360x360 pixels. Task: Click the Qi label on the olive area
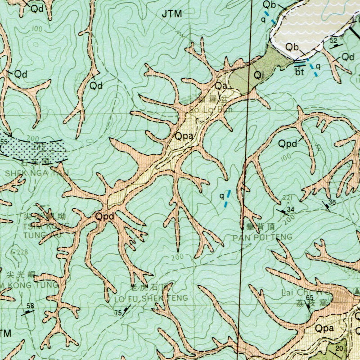tap(258, 76)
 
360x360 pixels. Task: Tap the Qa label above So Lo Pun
tap(220, 85)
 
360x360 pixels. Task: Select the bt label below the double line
tap(300, 71)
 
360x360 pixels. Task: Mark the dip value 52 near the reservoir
tap(333, 41)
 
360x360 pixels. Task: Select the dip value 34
tap(290, 209)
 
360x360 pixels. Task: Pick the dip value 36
tap(332, 202)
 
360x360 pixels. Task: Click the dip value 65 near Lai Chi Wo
tap(309, 297)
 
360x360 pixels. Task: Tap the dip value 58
tap(30, 306)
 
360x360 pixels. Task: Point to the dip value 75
tap(118, 313)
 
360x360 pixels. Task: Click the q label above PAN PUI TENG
tap(221, 196)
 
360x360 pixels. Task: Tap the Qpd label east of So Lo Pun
tap(288, 144)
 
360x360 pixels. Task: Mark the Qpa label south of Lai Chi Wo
tap(324, 328)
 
